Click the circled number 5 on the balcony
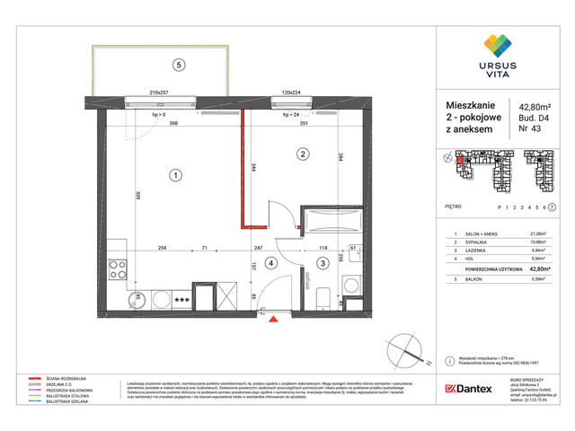(x=179, y=65)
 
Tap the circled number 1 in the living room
(x=178, y=175)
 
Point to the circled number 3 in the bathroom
(x=322, y=263)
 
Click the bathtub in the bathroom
(x=327, y=222)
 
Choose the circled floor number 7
(x=551, y=207)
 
